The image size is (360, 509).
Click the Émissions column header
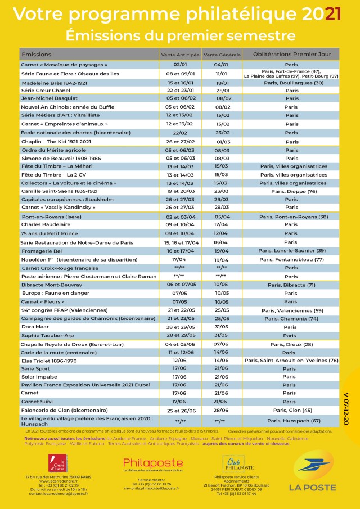click(x=36, y=55)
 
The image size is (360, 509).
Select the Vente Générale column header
click(x=222, y=55)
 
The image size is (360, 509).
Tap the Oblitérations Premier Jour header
click(x=291, y=55)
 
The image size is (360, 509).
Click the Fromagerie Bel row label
click(x=41, y=251)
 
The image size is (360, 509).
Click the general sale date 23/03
click(x=222, y=191)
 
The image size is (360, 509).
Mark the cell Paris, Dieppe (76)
click(x=290, y=191)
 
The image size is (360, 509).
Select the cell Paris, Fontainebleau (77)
click(x=291, y=259)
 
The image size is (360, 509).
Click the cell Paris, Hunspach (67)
click(x=291, y=421)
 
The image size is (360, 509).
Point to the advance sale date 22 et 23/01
click(x=180, y=90)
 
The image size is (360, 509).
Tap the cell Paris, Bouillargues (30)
click(x=291, y=83)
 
